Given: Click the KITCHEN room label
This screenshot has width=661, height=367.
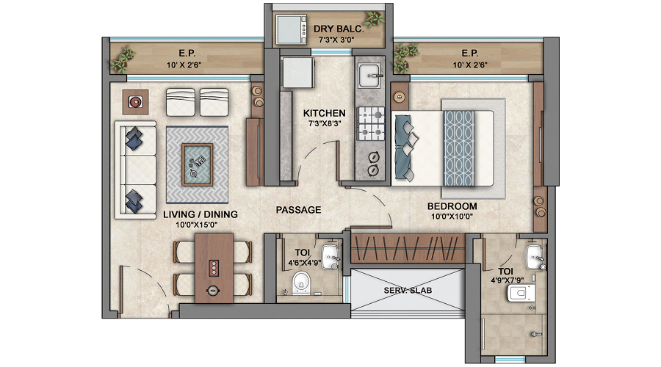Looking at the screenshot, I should click(325, 114).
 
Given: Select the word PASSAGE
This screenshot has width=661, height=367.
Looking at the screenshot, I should click(298, 210).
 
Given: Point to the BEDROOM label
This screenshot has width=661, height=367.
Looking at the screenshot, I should click(452, 206).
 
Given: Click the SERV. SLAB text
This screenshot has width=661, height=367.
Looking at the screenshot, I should click(408, 291).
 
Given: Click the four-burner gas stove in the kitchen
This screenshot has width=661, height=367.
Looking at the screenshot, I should click(372, 123).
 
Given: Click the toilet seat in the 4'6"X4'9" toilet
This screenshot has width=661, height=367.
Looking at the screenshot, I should click(299, 285).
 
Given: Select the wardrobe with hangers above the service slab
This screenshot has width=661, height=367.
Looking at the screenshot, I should click(407, 248).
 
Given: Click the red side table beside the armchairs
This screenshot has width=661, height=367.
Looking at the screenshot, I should click(137, 102).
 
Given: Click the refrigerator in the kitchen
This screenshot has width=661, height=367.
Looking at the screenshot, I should click(297, 74).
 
